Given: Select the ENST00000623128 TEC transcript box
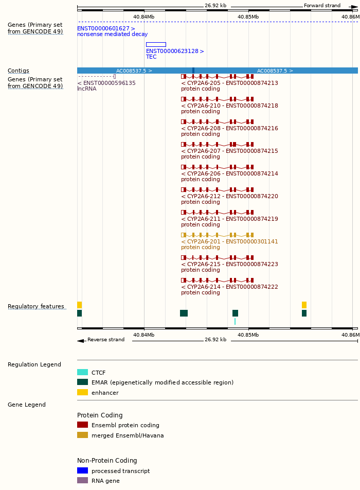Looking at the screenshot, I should [156, 45].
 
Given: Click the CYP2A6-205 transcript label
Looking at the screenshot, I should [229, 83].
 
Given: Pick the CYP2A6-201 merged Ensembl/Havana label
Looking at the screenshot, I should [229, 242].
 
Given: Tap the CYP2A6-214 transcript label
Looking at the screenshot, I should [229, 287].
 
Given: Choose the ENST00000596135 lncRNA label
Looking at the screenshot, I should [106, 83].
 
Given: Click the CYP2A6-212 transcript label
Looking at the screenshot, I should [229, 197].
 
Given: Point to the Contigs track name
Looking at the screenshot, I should [19, 71].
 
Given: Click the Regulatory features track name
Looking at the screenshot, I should [36, 307].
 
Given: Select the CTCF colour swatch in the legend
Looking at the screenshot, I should [82, 373].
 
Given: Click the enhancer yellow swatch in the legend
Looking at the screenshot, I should [82, 392].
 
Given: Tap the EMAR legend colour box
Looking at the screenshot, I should [82, 382].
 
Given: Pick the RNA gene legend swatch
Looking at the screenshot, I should [82, 481].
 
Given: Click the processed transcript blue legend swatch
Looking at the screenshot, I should [82, 470].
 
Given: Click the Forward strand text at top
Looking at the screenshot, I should [322, 6].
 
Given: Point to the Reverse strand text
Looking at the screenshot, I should [106, 340].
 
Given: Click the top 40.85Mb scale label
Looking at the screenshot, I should [248, 17].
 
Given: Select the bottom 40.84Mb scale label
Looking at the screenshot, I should [143, 335].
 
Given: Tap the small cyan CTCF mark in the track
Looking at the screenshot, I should [235, 322].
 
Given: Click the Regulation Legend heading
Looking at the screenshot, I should [34, 365].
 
